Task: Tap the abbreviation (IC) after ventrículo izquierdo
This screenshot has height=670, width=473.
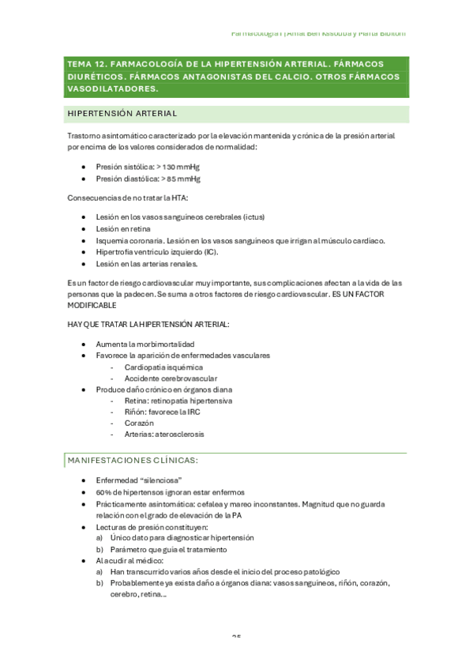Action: (209, 252)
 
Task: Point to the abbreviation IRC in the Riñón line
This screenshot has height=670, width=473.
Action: (193, 412)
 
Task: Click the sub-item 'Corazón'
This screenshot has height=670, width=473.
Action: (138, 423)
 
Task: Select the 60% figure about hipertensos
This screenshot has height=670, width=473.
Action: (103, 491)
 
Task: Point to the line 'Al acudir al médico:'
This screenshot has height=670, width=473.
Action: (130, 560)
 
